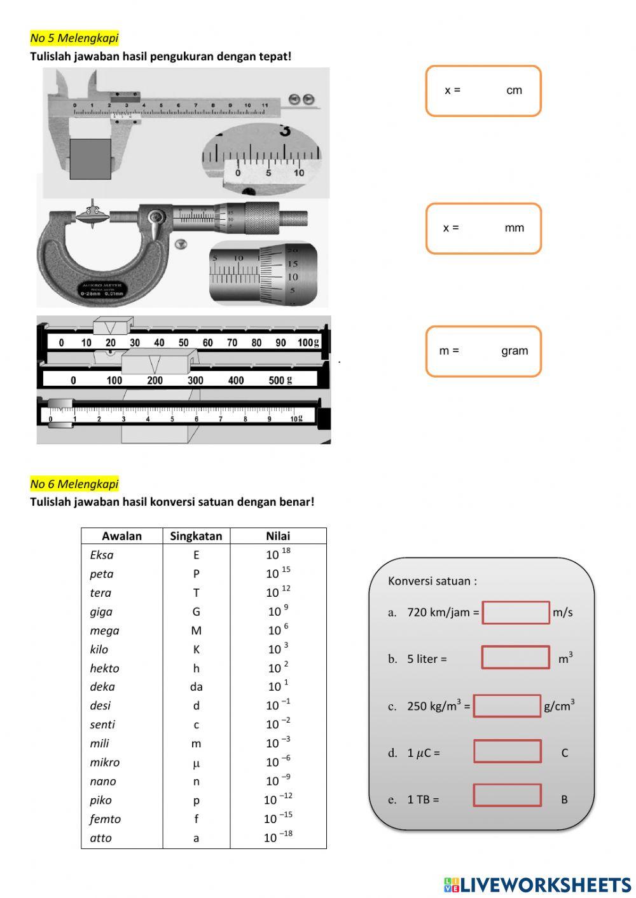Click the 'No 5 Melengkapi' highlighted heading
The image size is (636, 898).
pos(74,38)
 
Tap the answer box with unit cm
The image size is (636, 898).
pos(483,91)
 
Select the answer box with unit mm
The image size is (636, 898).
pos(483,228)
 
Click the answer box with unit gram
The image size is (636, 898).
pos(483,351)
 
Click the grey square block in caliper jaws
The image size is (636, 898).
pos(90,159)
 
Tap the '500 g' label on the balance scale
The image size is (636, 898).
pos(280,380)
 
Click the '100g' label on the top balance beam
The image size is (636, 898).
pos(308,343)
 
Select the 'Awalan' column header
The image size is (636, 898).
pos(121,536)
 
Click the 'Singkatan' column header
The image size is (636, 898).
pos(196,536)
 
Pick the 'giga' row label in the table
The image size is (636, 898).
pos(101,611)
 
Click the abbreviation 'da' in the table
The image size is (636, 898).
pos(196,687)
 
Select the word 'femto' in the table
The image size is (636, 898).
pos(105,819)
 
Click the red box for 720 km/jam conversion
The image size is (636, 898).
pos(516,613)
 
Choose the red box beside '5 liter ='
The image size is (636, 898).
pos(515,657)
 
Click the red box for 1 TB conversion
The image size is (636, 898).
pos(507,795)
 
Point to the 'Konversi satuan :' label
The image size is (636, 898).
pos(432,581)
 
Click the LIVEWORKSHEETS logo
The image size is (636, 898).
pos(537,885)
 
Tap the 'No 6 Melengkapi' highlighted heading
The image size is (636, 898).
pos(74,484)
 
